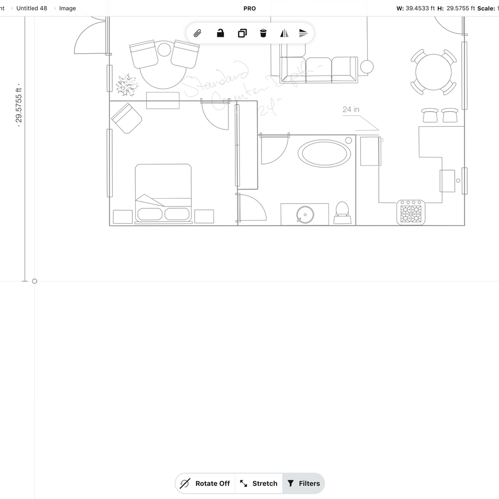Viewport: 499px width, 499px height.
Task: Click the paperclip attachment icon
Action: (x=198, y=34)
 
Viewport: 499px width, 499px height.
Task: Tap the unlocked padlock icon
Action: (x=220, y=34)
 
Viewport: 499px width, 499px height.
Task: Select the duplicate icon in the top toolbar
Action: (x=242, y=34)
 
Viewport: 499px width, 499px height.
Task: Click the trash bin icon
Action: (x=263, y=34)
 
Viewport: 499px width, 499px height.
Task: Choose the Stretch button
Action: (x=259, y=483)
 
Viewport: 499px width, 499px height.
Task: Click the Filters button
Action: (x=304, y=483)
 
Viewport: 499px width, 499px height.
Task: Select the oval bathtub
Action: (x=324, y=153)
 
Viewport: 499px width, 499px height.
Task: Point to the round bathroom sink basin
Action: (x=304, y=215)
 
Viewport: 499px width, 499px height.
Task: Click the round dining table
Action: (x=434, y=72)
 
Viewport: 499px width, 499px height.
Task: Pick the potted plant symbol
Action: (x=127, y=86)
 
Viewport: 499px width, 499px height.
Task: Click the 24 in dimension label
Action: (x=351, y=109)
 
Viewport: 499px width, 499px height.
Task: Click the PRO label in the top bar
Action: (x=249, y=8)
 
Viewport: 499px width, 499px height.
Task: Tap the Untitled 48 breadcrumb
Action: (x=32, y=8)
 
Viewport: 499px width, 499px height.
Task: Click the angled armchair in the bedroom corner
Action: (x=126, y=118)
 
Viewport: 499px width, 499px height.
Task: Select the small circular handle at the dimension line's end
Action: (x=35, y=281)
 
